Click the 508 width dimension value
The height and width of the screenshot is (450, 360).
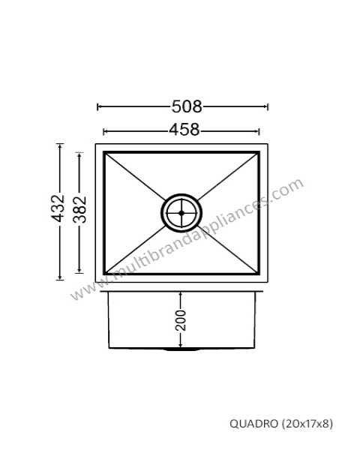[187, 106]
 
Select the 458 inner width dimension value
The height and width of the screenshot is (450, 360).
[184, 130]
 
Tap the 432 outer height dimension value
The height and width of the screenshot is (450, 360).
[58, 208]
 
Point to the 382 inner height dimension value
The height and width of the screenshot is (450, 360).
[79, 209]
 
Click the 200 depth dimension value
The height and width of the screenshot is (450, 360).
[181, 320]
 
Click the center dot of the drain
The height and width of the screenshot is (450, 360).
[181, 213]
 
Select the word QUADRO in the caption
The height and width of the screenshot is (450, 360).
[254, 423]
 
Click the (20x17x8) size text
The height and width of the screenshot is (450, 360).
[307, 423]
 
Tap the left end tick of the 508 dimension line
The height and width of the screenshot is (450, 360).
[98, 106]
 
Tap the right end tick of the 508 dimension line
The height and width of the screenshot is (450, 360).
[268, 106]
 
